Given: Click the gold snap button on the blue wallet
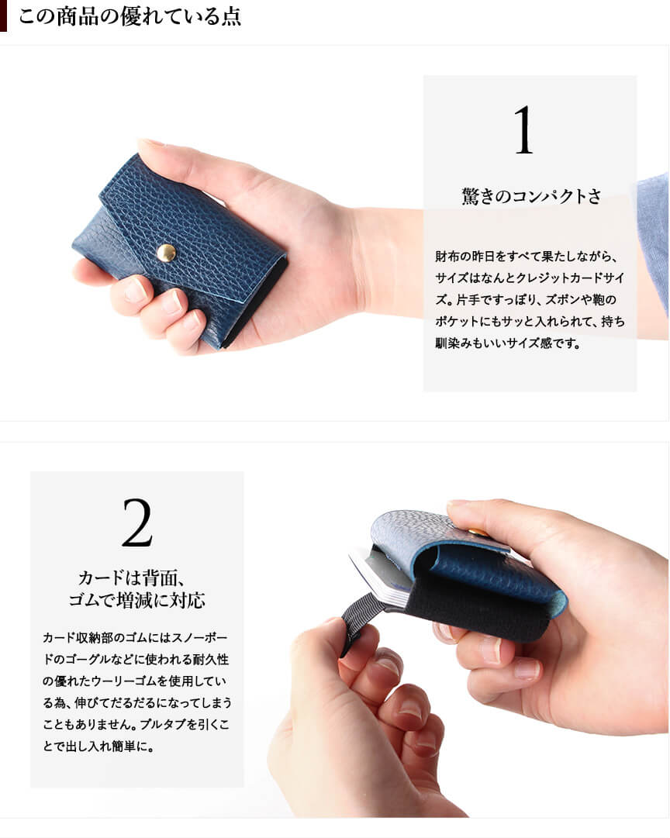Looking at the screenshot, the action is (166, 253).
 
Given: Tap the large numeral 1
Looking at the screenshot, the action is (523, 129).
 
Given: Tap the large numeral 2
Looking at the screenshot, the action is (137, 522).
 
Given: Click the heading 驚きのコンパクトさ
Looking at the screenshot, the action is (531, 196).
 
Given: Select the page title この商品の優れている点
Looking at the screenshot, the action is (130, 16).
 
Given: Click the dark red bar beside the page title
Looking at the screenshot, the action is (3, 16).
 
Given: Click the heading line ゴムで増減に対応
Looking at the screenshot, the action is (137, 600).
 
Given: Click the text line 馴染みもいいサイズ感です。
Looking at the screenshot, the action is (508, 343).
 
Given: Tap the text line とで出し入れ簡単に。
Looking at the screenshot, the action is (98, 746).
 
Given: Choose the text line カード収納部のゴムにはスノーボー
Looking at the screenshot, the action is (135, 637).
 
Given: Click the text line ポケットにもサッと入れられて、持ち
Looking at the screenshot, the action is (530, 321).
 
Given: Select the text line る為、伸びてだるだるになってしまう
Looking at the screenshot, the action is (137, 703).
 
